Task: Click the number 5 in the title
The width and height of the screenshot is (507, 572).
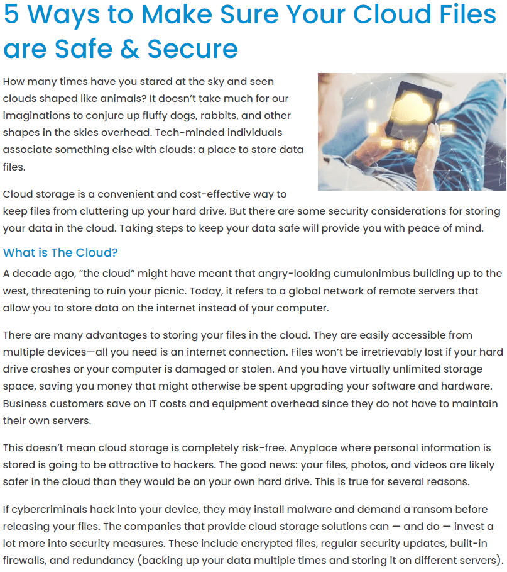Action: click(x=12, y=14)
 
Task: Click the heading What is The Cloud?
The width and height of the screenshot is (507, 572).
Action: click(x=60, y=252)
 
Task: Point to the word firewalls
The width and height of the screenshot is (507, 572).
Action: click(x=27, y=560)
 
